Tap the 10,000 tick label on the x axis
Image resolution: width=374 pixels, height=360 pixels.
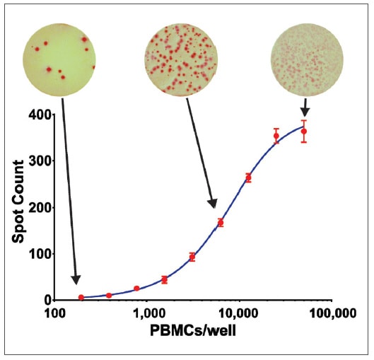pos(238,313)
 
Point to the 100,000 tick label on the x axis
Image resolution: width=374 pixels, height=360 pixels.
pos(329,313)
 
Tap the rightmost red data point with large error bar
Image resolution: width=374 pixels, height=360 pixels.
pos(304,131)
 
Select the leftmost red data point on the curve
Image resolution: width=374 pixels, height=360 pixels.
pos(81,297)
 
